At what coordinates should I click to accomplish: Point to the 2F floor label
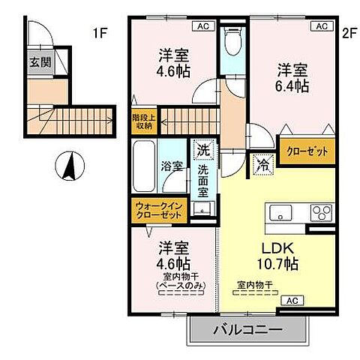(x=348, y=33)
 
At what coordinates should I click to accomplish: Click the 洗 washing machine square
(x=202, y=150)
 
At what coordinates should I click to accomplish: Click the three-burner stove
(x=320, y=211)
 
